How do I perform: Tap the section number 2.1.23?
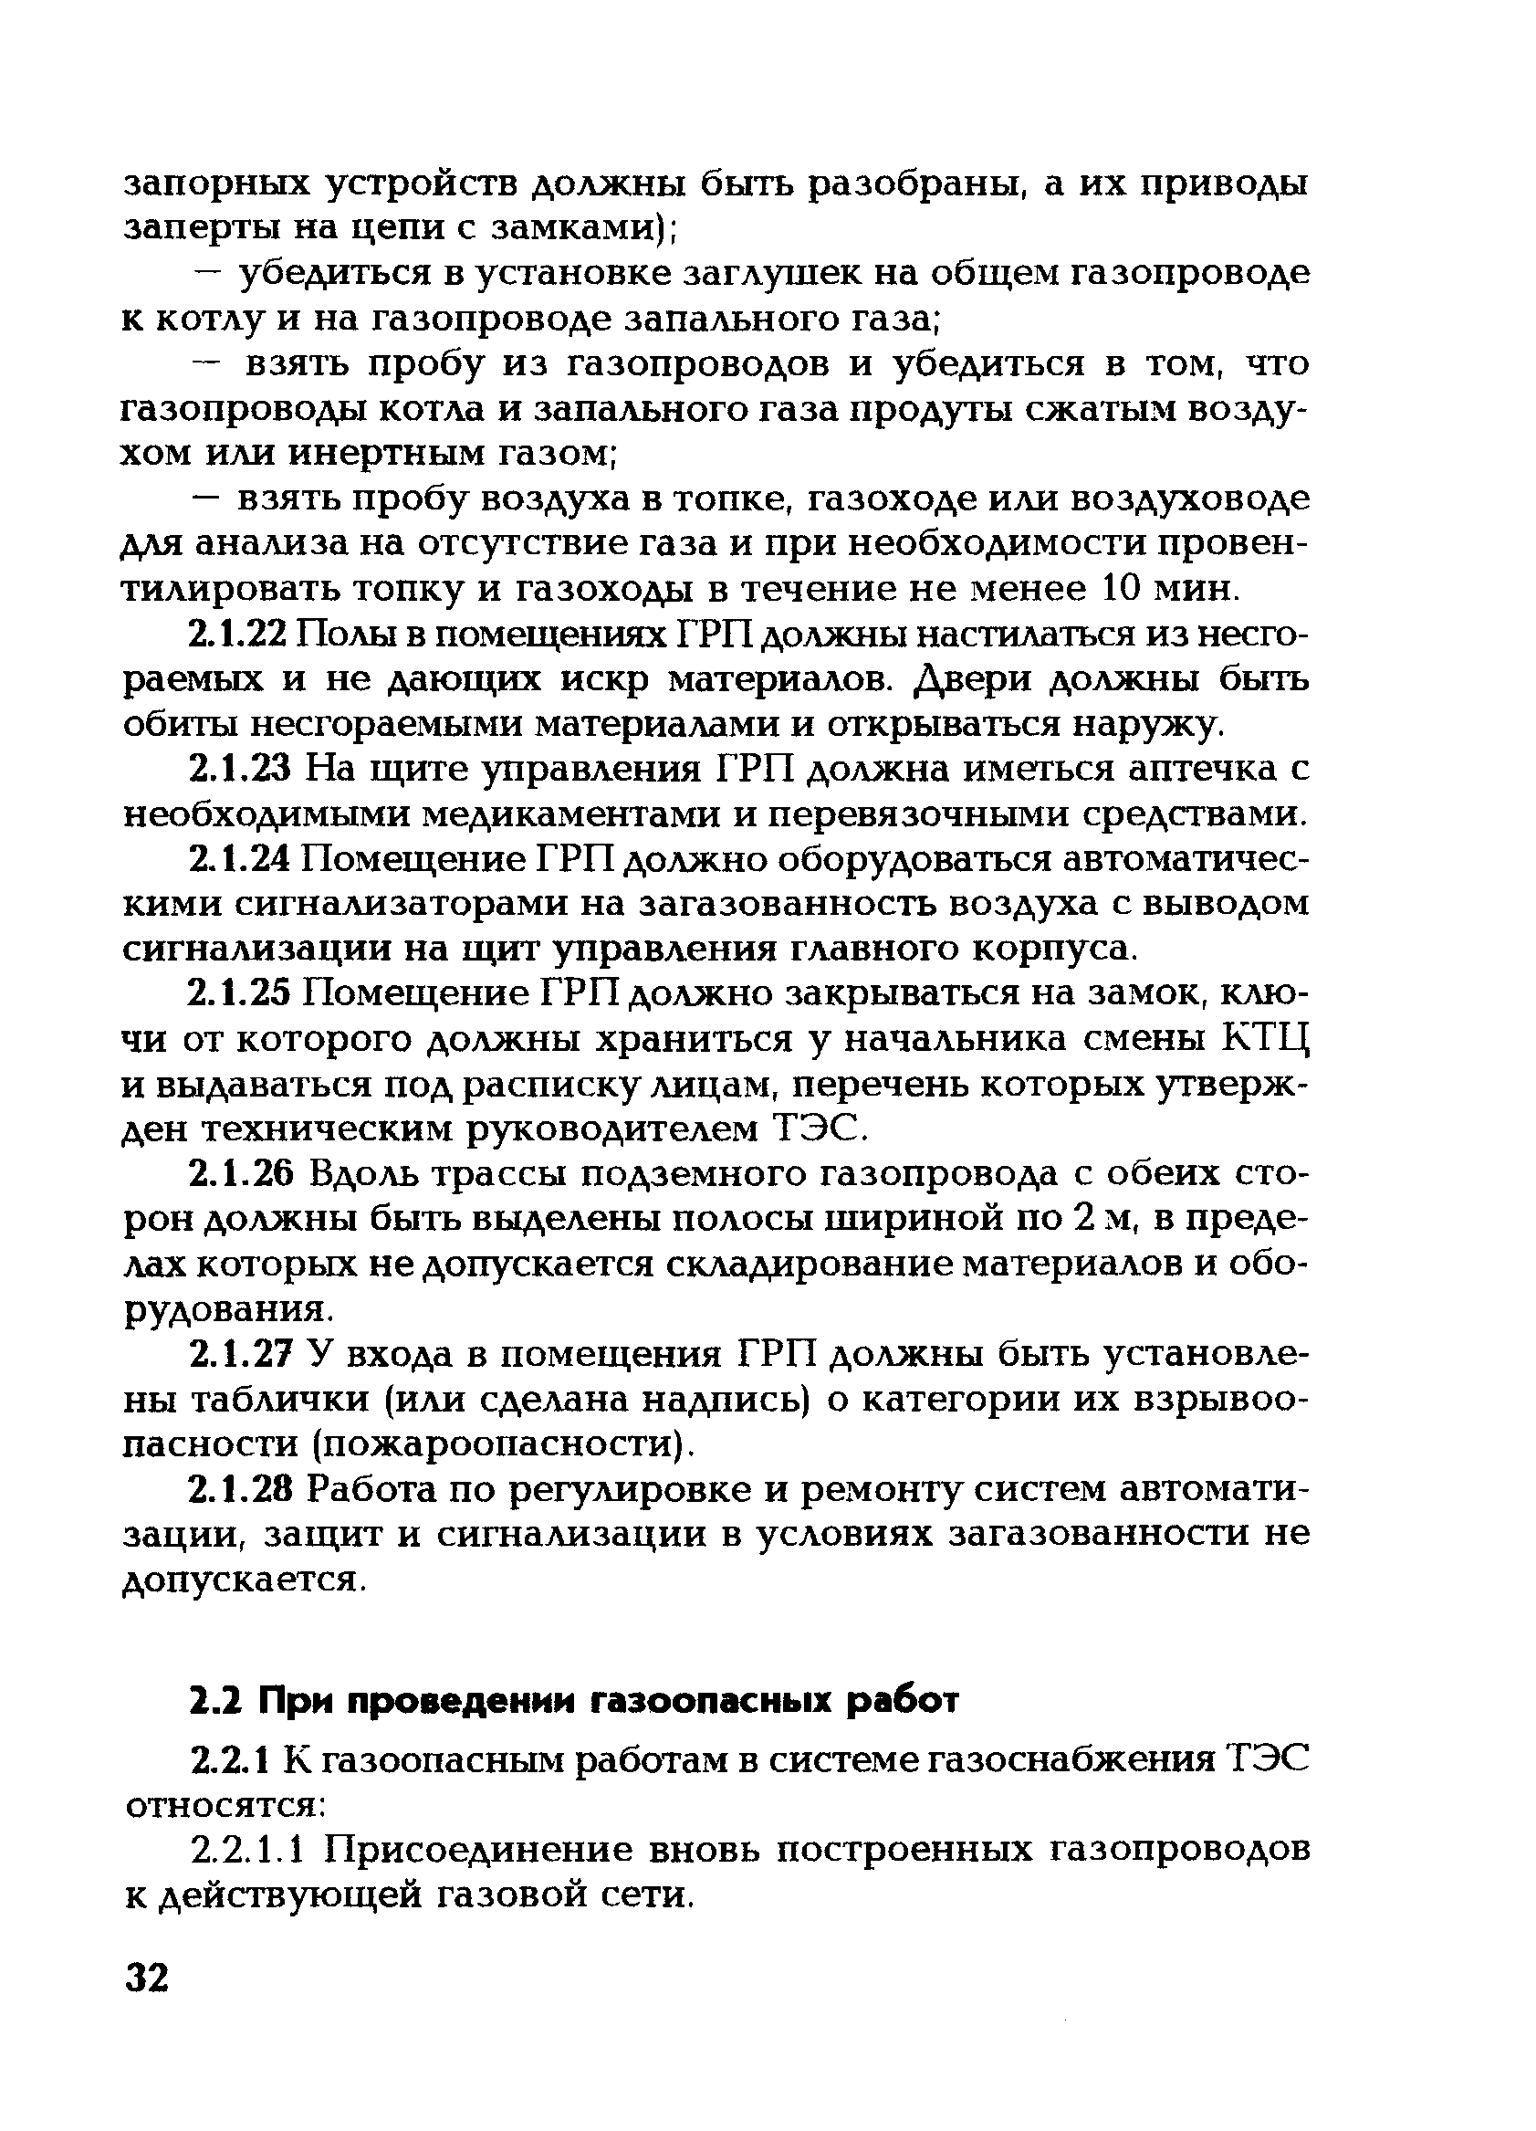pyautogui.click(x=242, y=771)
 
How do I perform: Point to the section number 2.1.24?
pyautogui.click(x=242, y=860)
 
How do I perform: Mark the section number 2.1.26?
pyautogui.click(x=242, y=1174)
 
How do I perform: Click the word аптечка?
pyautogui.click(x=1193, y=771)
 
